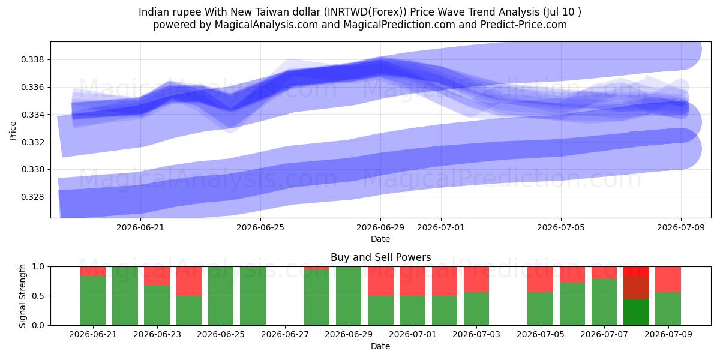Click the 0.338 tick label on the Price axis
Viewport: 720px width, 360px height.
[32, 60]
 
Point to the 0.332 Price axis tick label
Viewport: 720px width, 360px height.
[32, 142]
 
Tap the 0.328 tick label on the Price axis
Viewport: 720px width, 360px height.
[32, 197]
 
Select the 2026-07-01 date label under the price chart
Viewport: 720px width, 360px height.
[440, 227]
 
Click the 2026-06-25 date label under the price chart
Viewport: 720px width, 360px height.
[260, 227]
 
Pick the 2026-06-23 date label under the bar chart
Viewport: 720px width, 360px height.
[157, 334]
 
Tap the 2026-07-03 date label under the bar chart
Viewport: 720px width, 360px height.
[476, 334]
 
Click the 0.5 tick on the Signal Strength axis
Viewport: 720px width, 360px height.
[38, 296]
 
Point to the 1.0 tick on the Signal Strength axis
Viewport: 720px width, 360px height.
[38, 267]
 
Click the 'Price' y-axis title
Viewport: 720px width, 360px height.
[13, 131]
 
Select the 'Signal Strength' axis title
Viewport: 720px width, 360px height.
[22, 296]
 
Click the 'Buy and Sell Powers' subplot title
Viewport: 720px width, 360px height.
[380, 257]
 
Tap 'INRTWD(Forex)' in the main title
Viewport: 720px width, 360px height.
[365, 12]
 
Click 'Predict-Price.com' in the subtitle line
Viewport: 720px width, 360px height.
[524, 25]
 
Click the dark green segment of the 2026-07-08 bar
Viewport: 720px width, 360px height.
[636, 312]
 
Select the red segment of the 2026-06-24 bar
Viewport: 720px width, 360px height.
[189, 281]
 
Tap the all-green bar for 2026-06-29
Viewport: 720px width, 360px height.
[349, 296]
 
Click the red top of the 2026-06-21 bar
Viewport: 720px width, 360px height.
[93, 271]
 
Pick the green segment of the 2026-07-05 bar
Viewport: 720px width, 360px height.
[541, 309]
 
